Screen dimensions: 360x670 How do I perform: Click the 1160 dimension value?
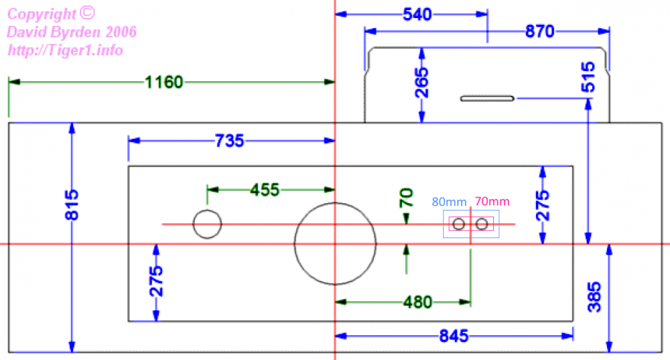163,82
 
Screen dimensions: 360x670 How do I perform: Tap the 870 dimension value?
539,32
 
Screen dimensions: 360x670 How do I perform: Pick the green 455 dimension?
265,190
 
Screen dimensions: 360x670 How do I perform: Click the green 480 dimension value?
417,302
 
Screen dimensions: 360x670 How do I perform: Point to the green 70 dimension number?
406,198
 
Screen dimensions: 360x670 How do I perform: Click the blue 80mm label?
449,201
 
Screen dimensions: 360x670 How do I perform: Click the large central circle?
334,243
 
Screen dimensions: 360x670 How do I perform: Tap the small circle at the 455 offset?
207,223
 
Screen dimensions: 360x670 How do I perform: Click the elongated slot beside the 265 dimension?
487,99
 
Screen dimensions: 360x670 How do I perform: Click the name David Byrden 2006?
72,32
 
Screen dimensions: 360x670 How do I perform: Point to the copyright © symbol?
88,12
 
